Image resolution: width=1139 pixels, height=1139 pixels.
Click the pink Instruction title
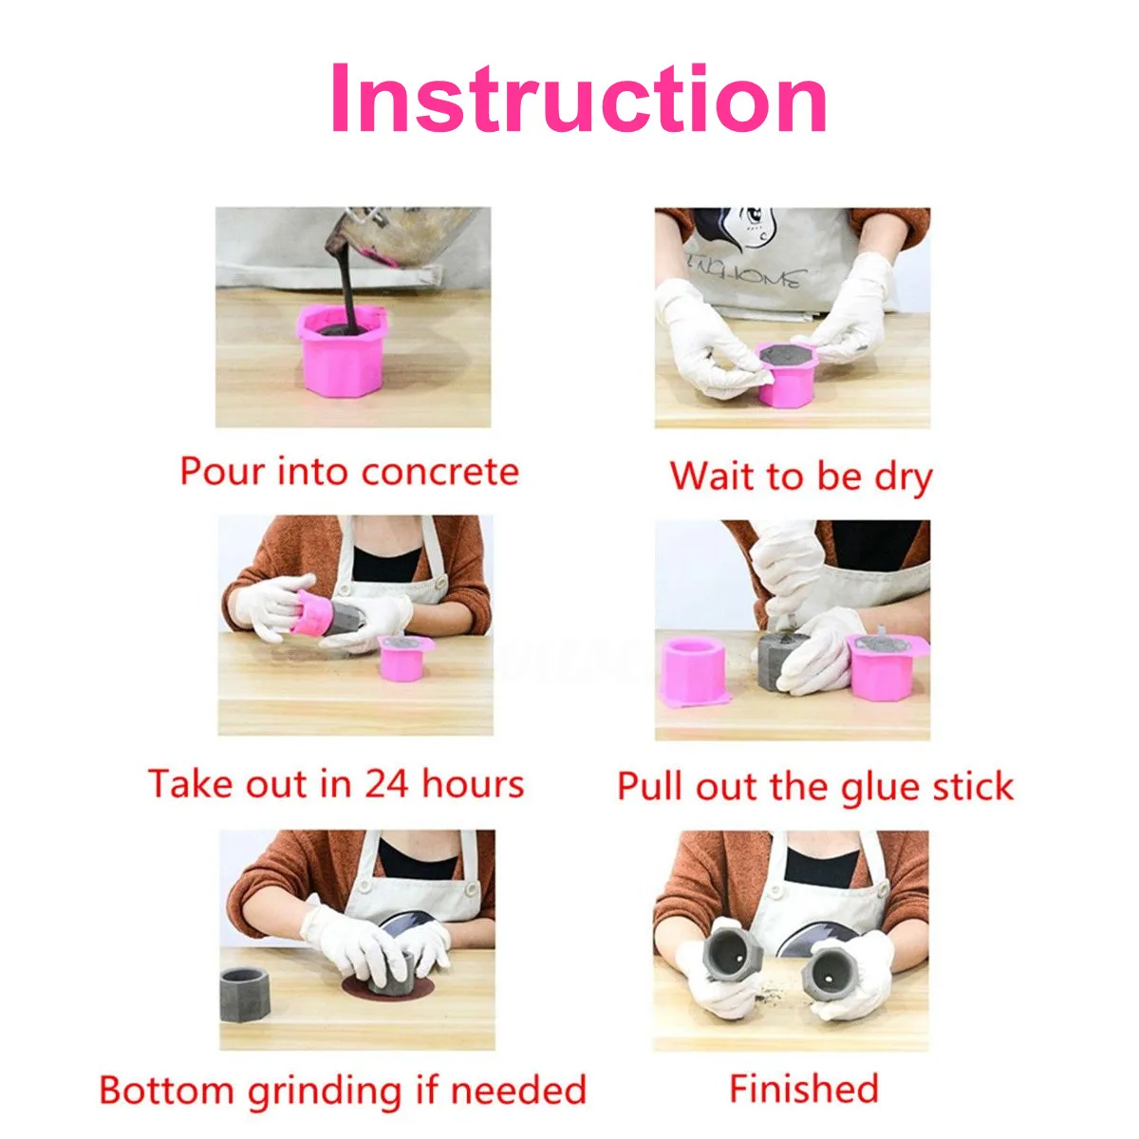(579, 98)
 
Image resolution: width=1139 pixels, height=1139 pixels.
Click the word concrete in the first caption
(440, 473)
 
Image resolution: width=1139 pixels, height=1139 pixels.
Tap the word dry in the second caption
(904, 477)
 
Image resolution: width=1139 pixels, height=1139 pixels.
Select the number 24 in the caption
(385, 784)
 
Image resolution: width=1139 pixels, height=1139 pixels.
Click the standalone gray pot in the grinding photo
(245, 996)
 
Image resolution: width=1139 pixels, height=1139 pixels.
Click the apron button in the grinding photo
(470, 887)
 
